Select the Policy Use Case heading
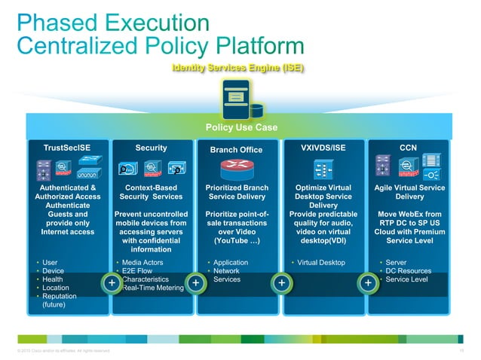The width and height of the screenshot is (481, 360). pos(240,127)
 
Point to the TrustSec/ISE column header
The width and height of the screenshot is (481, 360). pos(66,148)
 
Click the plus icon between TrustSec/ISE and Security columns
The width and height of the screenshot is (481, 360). pos(111,282)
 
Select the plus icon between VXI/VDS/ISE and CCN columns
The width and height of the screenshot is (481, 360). pos(367,282)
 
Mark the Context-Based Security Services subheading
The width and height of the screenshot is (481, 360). pos(152,191)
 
